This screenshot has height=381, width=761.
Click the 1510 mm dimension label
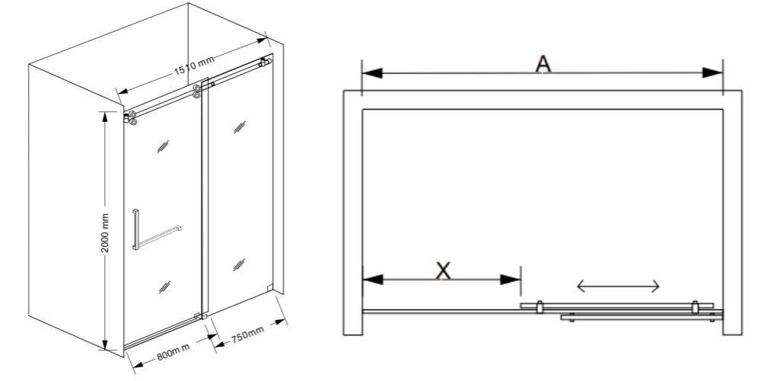193,66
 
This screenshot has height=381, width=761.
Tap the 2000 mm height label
105,233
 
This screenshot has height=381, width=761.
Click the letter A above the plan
543,64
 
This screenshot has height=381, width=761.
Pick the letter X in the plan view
443,271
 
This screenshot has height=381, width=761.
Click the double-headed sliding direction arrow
618,287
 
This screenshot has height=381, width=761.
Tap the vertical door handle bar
135,229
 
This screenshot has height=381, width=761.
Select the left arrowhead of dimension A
372,73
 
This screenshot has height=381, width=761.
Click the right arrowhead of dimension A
712,73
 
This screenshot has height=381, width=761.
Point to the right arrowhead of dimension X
510,280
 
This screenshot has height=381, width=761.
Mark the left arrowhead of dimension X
373,280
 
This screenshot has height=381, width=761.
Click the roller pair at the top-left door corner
130,117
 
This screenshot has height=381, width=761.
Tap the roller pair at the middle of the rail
196,91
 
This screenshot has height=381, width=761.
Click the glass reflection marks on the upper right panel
239,126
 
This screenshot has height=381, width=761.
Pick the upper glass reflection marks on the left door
163,146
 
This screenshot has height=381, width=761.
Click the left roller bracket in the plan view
540,307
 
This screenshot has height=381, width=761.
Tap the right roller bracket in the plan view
695,306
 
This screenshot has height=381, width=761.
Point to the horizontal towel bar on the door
160,237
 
